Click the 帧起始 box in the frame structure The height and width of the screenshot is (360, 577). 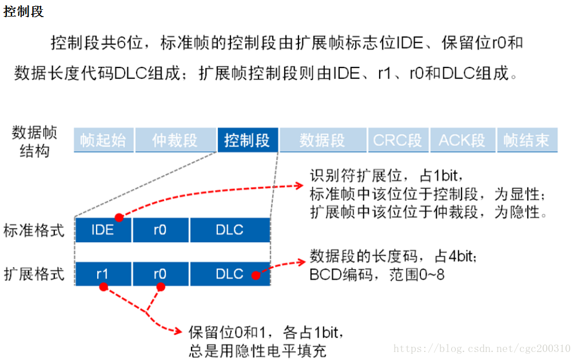pos(103,140)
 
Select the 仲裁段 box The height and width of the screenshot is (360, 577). pos(175,140)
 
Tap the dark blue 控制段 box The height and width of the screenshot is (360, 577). pos(247,140)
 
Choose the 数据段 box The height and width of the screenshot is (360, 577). pos(323,140)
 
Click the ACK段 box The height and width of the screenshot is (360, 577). pos(462,140)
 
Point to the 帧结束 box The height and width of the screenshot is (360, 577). pos(527,140)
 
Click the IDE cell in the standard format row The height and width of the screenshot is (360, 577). pos(103,230)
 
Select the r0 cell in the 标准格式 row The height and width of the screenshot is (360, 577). pos(160,230)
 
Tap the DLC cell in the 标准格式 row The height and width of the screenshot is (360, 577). pos(230,230)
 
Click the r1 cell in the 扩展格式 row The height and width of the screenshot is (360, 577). pos(103,274)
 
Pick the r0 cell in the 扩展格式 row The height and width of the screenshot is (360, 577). pos(160,274)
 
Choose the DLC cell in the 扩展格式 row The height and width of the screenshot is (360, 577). pos(230,274)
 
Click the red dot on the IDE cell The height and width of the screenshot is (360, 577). pos(119,217)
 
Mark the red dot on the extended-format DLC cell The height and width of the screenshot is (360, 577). pos(256,275)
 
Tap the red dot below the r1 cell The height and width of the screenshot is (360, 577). pos(104,286)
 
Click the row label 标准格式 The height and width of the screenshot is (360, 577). pos(34,231)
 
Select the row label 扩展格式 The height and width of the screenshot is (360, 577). pos(34,274)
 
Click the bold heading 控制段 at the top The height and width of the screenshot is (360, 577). pos(23,11)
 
